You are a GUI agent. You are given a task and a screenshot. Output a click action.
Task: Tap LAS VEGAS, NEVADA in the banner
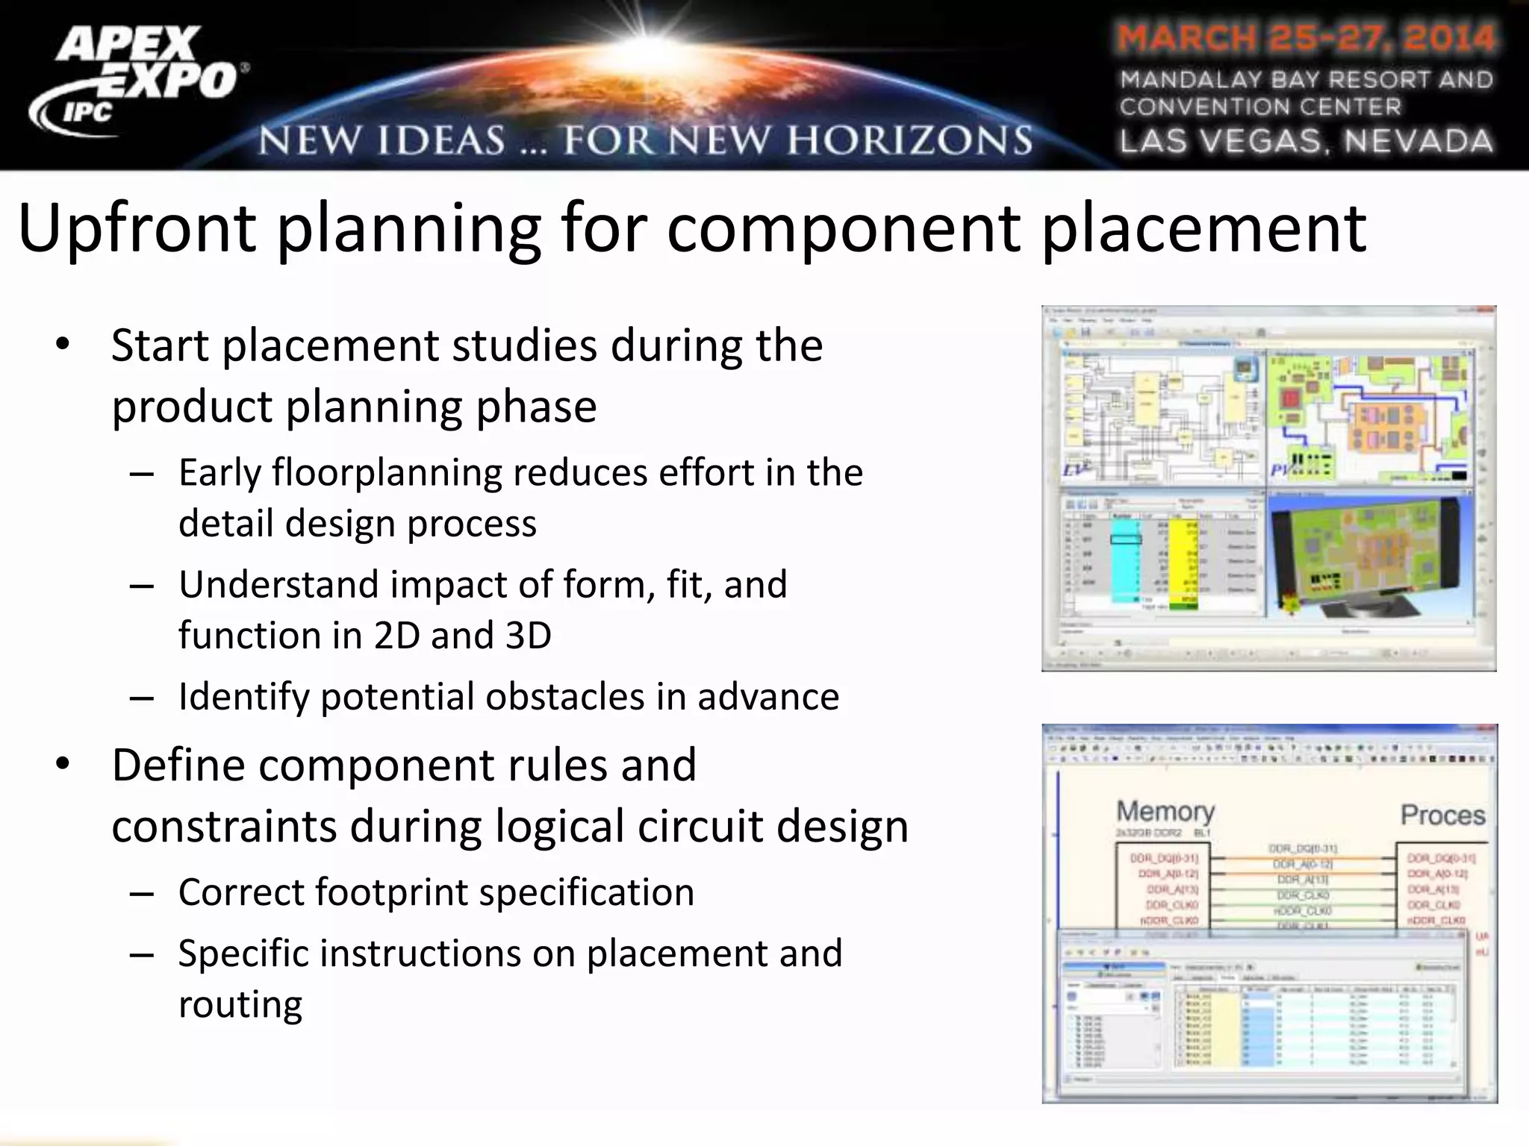pos(1306,141)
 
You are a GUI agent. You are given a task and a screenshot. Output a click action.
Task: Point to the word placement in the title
pos(1203,228)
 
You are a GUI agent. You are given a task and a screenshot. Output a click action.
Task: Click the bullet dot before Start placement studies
pos(62,345)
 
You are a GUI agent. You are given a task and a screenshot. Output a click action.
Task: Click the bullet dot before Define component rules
pos(62,764)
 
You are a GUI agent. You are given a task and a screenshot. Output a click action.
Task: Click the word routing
pos(240,1004)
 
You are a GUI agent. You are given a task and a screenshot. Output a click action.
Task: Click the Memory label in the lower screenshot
pos(1165,811)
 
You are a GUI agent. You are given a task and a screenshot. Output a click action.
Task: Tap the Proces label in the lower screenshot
pos(1442,815)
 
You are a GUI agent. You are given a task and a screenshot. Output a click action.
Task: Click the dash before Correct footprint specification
pos(141,893)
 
